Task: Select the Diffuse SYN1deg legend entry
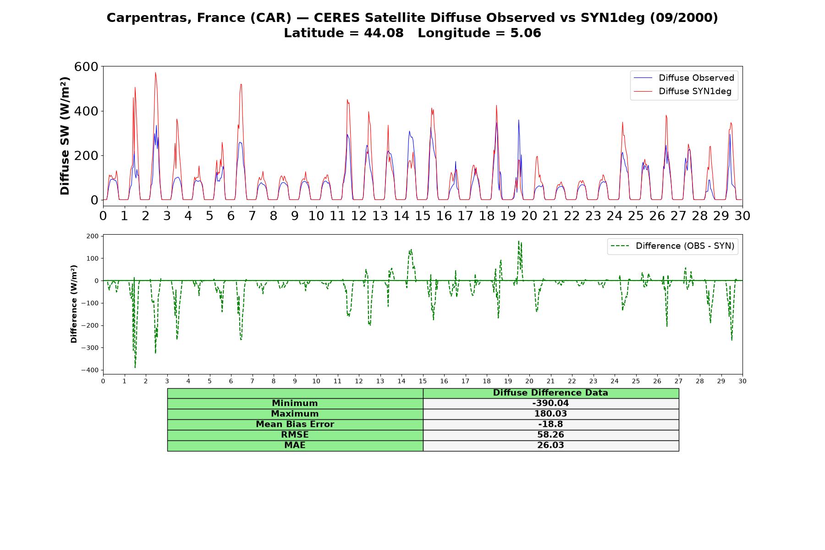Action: [x=682, y=91]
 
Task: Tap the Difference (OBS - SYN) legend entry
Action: [x=672, y=246]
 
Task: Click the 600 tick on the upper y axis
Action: [x=86, y=67]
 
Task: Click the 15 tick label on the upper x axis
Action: [x=423, y=215]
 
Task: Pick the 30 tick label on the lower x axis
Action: [x=742, y=381]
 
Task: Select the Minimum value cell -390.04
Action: [x=550, y=403]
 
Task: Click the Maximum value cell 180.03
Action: [x=550, y=414]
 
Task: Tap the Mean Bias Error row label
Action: [x=295, y=424]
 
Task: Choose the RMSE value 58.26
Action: [x=550, y=435]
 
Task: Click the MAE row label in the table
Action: [x=295, y=445]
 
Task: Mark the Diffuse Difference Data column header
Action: [x=550, y=393]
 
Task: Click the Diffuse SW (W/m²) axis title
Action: [x=65, y=136]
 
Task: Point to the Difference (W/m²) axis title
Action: [x=74, y=304]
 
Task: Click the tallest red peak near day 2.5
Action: [x=155, y=72]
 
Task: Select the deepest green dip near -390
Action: [x=135, y=368]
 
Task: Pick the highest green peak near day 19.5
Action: [x=519, y=241]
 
